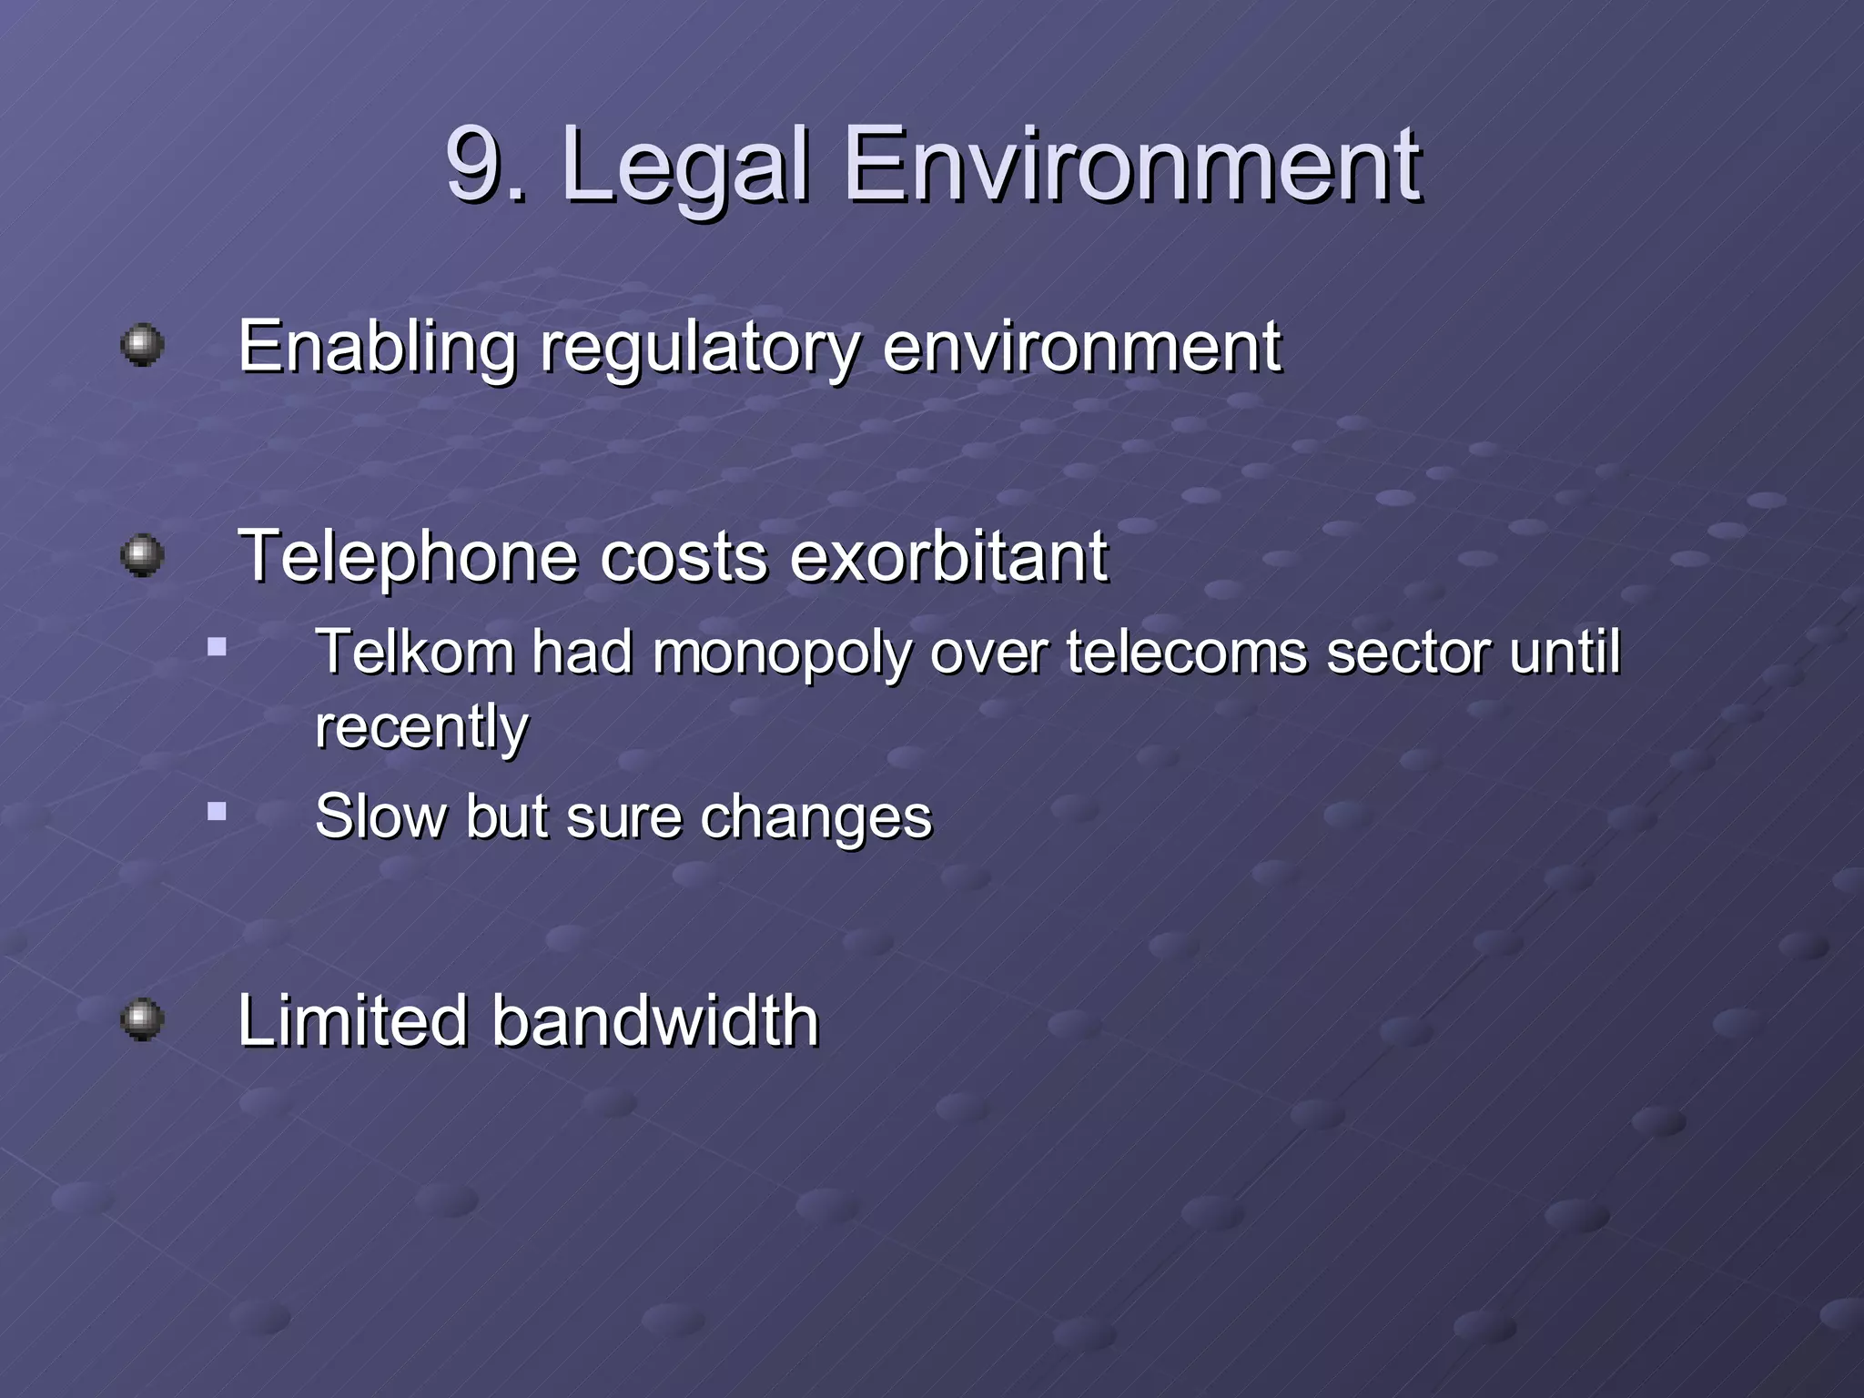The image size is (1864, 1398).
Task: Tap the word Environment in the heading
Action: [1132, 166]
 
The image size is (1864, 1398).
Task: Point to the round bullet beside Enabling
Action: [143, 346]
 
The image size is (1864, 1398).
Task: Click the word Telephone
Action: [408, 557]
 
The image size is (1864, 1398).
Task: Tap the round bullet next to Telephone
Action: [143, 555]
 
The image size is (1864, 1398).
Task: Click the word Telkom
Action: [414, 652]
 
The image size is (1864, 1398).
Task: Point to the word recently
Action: [421, 727]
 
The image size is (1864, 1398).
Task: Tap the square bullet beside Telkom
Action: [217, 648]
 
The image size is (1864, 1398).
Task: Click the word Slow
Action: [380, 815]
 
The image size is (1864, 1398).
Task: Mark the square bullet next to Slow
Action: [217, 811]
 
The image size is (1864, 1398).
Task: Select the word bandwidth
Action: [655, 1020]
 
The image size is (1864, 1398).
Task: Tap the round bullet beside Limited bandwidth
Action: [143, 1019]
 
